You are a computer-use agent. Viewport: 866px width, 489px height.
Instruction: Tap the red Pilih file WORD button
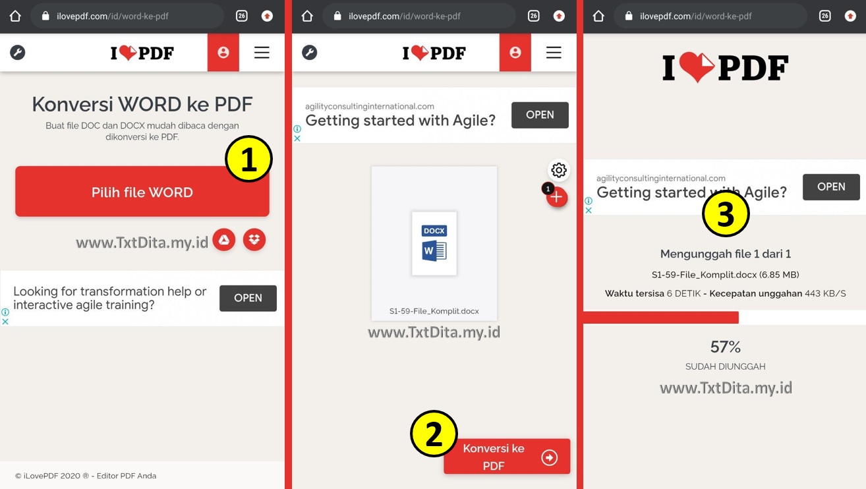142,192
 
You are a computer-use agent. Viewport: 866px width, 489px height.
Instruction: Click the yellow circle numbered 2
434,434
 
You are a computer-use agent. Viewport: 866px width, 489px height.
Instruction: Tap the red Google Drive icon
224,240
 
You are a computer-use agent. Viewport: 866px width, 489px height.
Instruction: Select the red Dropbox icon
254,240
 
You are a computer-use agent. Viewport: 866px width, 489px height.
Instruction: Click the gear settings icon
559,170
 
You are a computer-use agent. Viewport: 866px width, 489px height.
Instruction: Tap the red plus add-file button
557,197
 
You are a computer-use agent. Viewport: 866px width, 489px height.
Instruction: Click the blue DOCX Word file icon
434,243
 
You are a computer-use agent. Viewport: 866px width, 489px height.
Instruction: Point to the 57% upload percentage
726,347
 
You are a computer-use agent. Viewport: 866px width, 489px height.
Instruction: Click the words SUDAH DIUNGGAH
726,366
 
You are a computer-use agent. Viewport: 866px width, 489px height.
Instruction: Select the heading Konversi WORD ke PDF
142,104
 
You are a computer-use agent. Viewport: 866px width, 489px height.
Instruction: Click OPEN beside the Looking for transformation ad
248,298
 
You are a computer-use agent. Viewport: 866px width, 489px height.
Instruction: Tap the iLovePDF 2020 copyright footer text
86,476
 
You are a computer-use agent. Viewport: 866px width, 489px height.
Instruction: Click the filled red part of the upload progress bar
660,318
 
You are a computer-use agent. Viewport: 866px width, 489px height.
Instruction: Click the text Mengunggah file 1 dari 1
726,254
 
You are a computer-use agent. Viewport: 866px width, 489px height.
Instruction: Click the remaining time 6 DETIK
687,293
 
